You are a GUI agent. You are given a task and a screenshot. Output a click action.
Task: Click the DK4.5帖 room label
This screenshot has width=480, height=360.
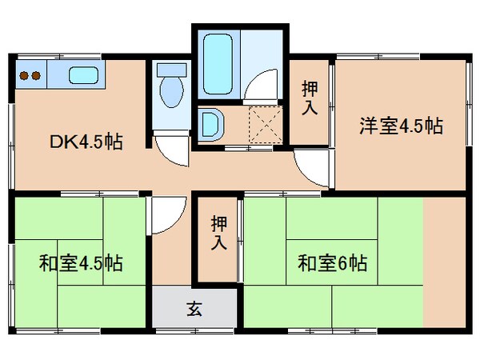coord(87,143)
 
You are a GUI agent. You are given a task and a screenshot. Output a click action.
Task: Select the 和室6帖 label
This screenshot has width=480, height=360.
coord(332,262)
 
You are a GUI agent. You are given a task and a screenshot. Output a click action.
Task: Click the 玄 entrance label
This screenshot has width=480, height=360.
coord(194,308)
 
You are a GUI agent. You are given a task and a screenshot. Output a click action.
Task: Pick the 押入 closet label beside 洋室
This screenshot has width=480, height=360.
coord(309,99)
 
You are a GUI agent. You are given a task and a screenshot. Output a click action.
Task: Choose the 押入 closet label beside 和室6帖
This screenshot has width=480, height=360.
coord(218,234)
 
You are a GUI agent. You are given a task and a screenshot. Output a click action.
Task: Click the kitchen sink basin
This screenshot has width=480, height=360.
coord(83,77)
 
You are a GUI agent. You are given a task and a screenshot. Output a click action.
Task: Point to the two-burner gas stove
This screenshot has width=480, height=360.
coord(30,77)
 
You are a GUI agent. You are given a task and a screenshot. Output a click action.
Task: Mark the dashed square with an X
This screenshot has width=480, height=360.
coord(262,124)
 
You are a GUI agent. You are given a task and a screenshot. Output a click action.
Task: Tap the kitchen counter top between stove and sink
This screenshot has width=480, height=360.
coord(56,77)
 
